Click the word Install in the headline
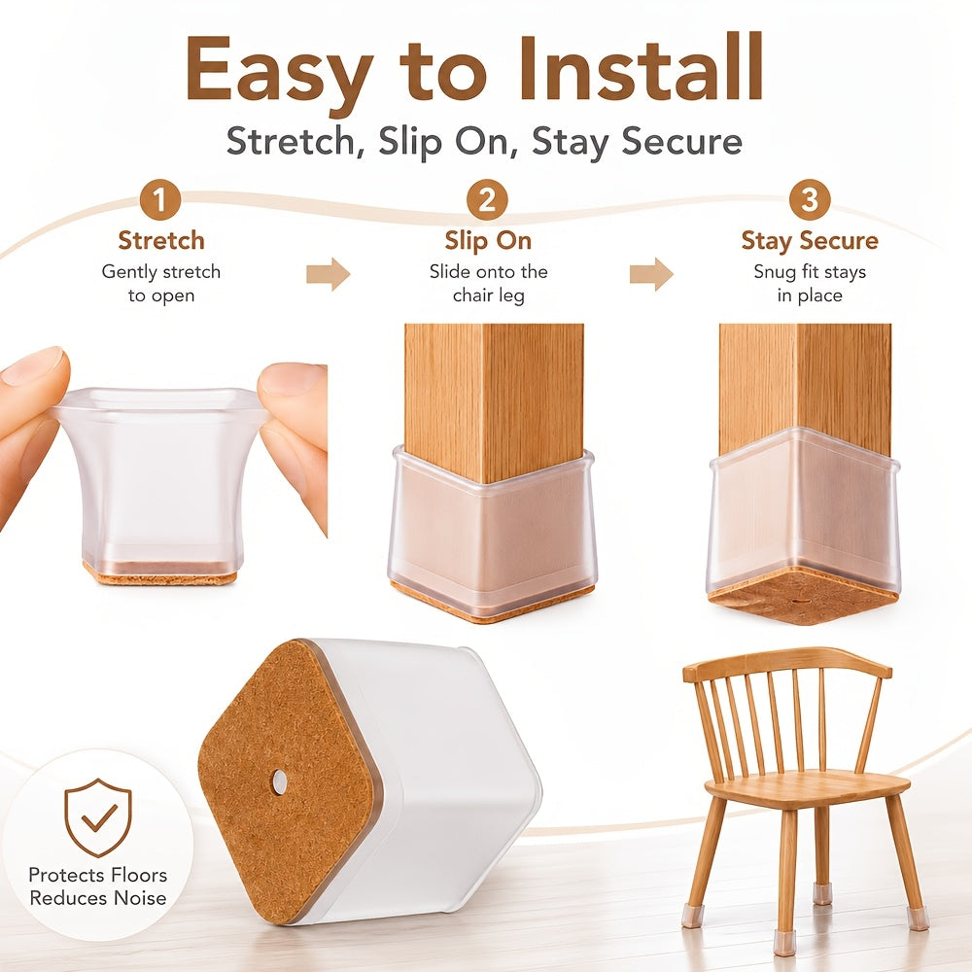641,68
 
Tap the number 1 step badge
160,199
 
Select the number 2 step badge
487,199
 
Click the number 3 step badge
809,199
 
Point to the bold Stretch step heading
161,240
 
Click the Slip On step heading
488,240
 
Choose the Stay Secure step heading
810,241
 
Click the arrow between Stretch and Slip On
328,273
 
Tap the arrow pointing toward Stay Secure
651,273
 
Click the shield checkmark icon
98,817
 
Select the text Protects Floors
98,875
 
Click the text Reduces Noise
98,898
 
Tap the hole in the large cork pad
279,783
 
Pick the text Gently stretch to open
161,283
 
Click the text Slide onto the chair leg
489,283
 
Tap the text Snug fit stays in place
810,283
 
